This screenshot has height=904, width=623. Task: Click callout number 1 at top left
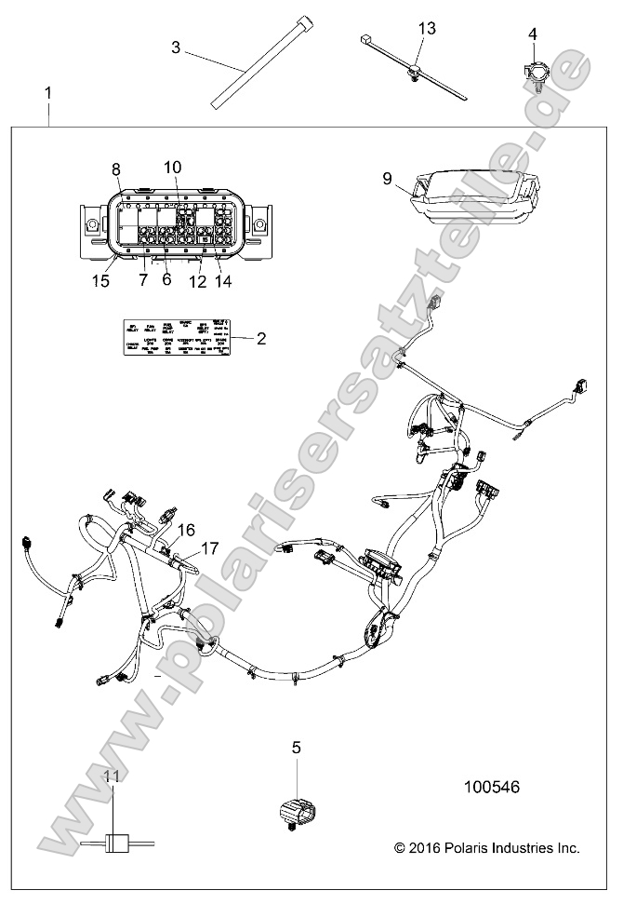48,94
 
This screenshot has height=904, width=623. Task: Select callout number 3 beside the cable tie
177,46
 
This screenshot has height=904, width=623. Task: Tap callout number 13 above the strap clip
426,29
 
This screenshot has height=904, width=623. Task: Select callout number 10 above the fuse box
172,167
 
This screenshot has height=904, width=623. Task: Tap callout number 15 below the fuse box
99,280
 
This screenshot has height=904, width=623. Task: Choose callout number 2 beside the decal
261,339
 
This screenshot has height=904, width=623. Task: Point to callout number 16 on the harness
186,530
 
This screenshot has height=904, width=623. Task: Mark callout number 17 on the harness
209,548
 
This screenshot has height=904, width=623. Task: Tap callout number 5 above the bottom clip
296,746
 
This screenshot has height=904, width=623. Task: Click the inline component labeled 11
113,844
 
